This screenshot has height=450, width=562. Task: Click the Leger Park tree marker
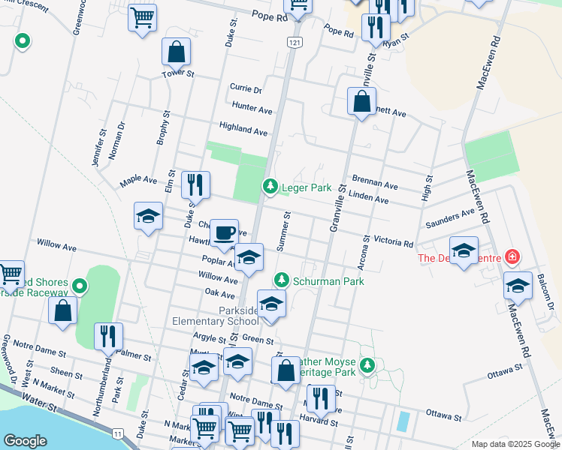[270, 186]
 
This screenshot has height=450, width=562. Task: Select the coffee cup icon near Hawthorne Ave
[223, 232]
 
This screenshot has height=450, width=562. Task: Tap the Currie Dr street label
[246, 88]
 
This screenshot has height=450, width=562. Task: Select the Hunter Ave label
[252, 109]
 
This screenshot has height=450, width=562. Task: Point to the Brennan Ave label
[374, 184]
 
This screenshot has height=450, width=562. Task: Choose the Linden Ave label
[368, 199]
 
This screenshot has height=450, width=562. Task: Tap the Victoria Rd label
[394, 243]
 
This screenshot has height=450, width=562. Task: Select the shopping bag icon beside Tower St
[176, 52]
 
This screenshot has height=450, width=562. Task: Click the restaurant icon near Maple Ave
[195, 184]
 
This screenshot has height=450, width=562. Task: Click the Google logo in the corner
[25, 440]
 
